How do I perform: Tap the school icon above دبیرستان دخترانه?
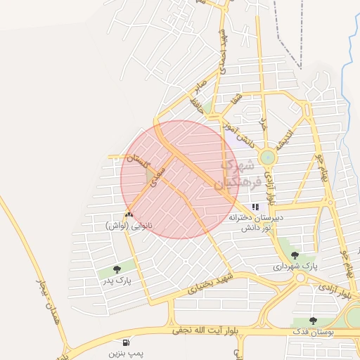point(255,207)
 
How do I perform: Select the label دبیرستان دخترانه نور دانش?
point(255,223)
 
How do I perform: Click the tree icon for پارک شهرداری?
point(294,256)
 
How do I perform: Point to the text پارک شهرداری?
point(295,267)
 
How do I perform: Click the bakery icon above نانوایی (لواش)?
point(129,215)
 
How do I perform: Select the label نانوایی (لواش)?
point(129,226)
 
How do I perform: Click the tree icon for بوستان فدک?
point(313,321)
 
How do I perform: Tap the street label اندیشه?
point(283,136)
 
